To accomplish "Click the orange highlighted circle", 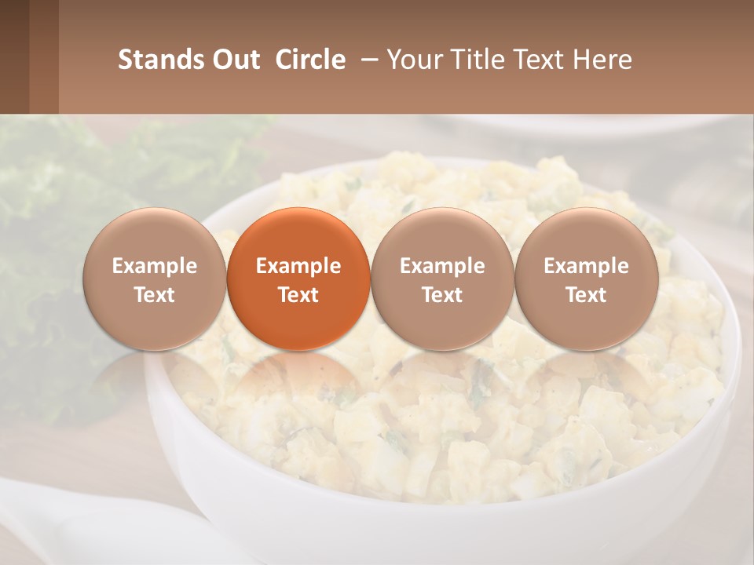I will tap(298, 279).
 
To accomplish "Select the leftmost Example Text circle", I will tap(154, 279).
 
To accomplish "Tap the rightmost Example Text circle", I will tap(586, 279).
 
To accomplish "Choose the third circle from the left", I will tap(442, 279).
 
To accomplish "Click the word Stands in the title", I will tap(160, 60).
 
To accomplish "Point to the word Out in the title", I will tap(235, 60).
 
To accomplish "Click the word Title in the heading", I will tap(474, 60).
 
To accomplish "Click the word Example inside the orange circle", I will tap(298, 266).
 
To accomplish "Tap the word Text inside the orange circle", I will tap(298, 295).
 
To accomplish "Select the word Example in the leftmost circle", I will tap(155, 266).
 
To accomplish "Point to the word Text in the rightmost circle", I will tap(587, 295).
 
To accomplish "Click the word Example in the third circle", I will tap(442, 266).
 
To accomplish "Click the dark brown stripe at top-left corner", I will tap(14, 56).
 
